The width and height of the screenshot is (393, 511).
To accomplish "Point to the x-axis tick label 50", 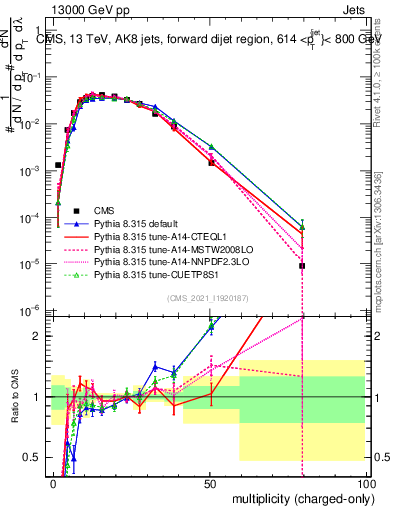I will [x=210, y=482].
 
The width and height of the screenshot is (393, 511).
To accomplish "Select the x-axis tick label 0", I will [x=53, y=482].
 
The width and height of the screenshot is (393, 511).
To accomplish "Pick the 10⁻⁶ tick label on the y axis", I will [x=32, y=310].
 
